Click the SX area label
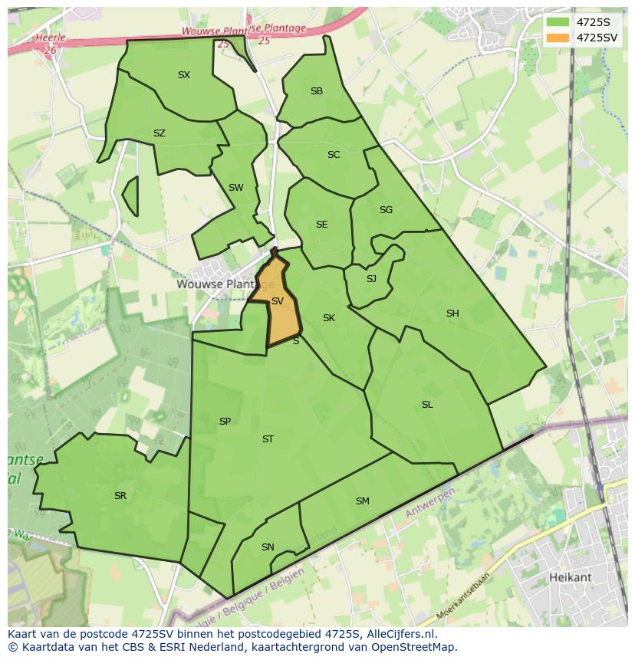click(x=184, y=75)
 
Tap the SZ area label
click(x=160, y=133)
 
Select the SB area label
click(x=317, y=91)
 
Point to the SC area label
click(x=334, y=155)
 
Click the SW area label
click(x=235, y=188)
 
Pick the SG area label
click(x=386, y=210)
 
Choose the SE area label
click(x=322, y=225)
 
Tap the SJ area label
click(x=371, y=279)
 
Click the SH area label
click(x=452, y=314)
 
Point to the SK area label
click(x=329, y=318)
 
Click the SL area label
click(x=427, y=405)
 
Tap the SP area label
click(x=225, y=422)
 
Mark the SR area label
click(x=120, y=496)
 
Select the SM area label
click(x=363, y=501)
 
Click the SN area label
click(x=268, y=547)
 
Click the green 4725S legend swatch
click(x=558, y=22)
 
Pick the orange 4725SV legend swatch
click(x=558, y=38)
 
